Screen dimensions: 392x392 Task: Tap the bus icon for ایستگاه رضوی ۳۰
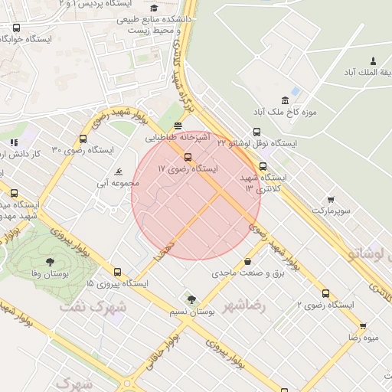(x=83, y=139)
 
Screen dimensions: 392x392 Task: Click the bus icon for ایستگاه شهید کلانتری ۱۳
(x=263, y=166)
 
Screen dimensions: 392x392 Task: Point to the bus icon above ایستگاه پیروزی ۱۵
(x=117, y=272)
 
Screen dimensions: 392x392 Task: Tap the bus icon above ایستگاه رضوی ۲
(x=325, y=293)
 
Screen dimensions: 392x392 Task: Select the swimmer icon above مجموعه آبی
(x=118, y=171)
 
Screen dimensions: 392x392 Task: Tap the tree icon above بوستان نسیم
(x=191, y=299)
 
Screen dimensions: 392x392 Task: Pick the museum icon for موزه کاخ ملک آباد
(x=286, y=101)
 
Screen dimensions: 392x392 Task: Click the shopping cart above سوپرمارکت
(x=331, y=198)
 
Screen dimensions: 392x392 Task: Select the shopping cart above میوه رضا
(x=362, y=326)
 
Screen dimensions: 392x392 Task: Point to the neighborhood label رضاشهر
(x=244, y=305)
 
